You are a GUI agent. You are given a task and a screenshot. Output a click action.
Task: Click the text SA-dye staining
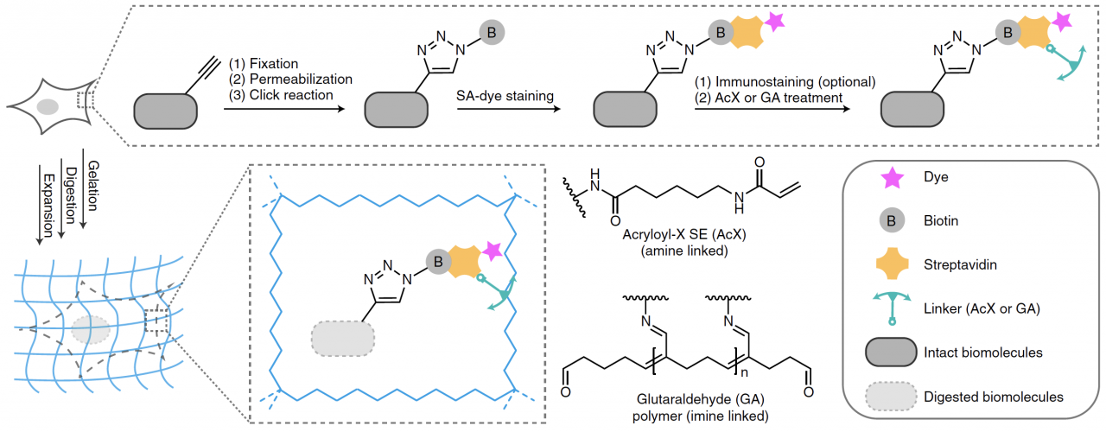tap(505, 96)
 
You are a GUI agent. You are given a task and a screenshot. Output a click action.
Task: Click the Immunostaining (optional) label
tap(786, 82)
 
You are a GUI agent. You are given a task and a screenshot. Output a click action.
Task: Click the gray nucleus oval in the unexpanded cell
tap(48, 107)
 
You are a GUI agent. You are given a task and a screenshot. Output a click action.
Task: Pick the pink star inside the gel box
tap(493, 251)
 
